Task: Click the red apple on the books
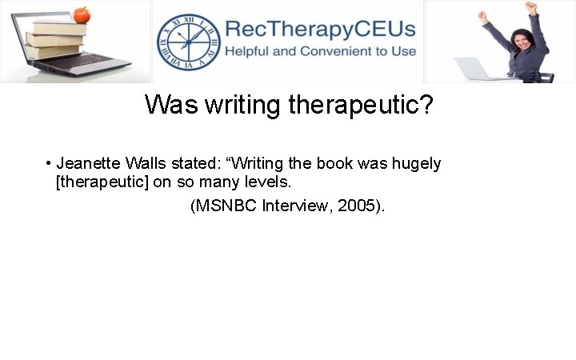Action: tap(80, 14)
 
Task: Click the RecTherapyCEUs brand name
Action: tap(320, 30)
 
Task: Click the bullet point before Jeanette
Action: tap(49, 164)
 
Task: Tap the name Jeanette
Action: tap(88, 164)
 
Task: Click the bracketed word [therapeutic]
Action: tap(102, 182)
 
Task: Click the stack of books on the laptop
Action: tap(55, 39)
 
